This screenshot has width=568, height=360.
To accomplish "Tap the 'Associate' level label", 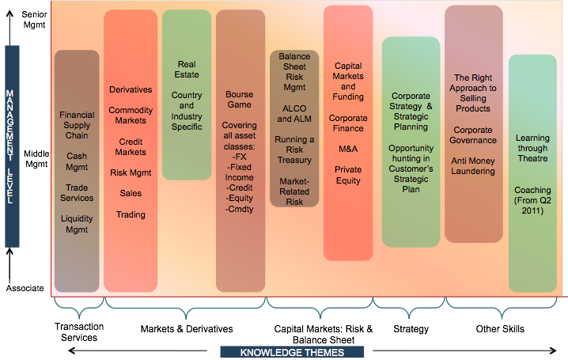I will pos(25,288).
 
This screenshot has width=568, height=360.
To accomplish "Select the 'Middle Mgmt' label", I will pos(25,159).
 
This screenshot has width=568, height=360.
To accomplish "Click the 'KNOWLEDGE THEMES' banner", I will pos(292,352).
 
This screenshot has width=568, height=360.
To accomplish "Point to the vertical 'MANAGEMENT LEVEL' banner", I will pos(11,146).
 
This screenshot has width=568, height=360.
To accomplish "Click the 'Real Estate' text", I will pos(187,70).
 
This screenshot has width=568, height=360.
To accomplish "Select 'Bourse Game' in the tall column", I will pos(239,99).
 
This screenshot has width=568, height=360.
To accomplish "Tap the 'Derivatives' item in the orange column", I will pos(131,90).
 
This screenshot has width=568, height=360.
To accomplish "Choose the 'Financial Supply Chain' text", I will pos(77,125).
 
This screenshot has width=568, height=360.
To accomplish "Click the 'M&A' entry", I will pos(348,149).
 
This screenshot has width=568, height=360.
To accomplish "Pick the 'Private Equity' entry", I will pos(348,175).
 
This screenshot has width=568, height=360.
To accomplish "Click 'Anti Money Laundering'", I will pos(474,166).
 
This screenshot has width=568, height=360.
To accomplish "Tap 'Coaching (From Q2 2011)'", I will pos(532,200).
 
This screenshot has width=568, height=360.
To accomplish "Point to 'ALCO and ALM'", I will pos(294,114).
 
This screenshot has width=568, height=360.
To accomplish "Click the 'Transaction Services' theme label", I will pos(78,333).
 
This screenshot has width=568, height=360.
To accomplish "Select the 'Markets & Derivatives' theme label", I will pos(187,328).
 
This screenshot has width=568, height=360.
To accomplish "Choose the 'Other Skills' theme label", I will pos(499,328).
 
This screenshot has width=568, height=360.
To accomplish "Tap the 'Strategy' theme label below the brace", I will pos(410,328).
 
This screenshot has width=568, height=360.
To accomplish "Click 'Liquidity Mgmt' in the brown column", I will pos(77,224).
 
